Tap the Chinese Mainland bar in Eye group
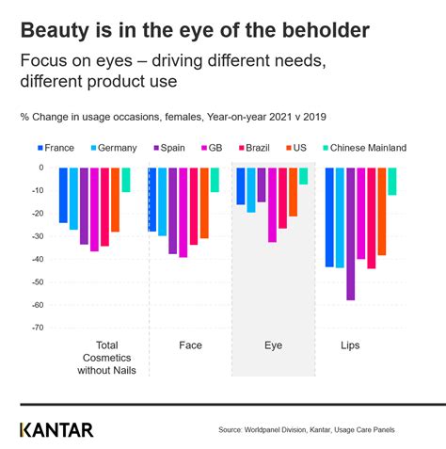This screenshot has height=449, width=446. click(303, 176)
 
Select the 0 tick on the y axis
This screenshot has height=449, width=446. click(40, 168)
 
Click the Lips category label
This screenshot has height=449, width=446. click(350, 345)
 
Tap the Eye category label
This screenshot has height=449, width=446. click(272, 345)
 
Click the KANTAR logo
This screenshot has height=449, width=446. click(56, 429)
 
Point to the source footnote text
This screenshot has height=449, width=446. click(306, 430)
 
